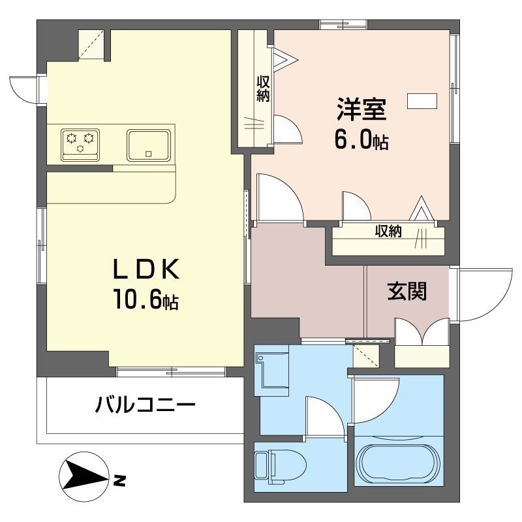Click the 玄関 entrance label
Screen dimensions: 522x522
[407, 292]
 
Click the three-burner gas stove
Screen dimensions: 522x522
[82, 142]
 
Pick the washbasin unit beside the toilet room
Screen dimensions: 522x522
[270, 371]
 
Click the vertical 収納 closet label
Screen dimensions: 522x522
[263, 89]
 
